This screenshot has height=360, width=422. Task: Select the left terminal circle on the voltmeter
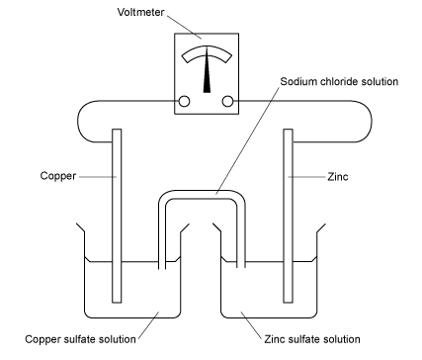point(184,101)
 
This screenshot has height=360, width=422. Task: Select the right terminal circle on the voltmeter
point(228,101)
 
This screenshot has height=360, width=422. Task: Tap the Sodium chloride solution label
point(338,82)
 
